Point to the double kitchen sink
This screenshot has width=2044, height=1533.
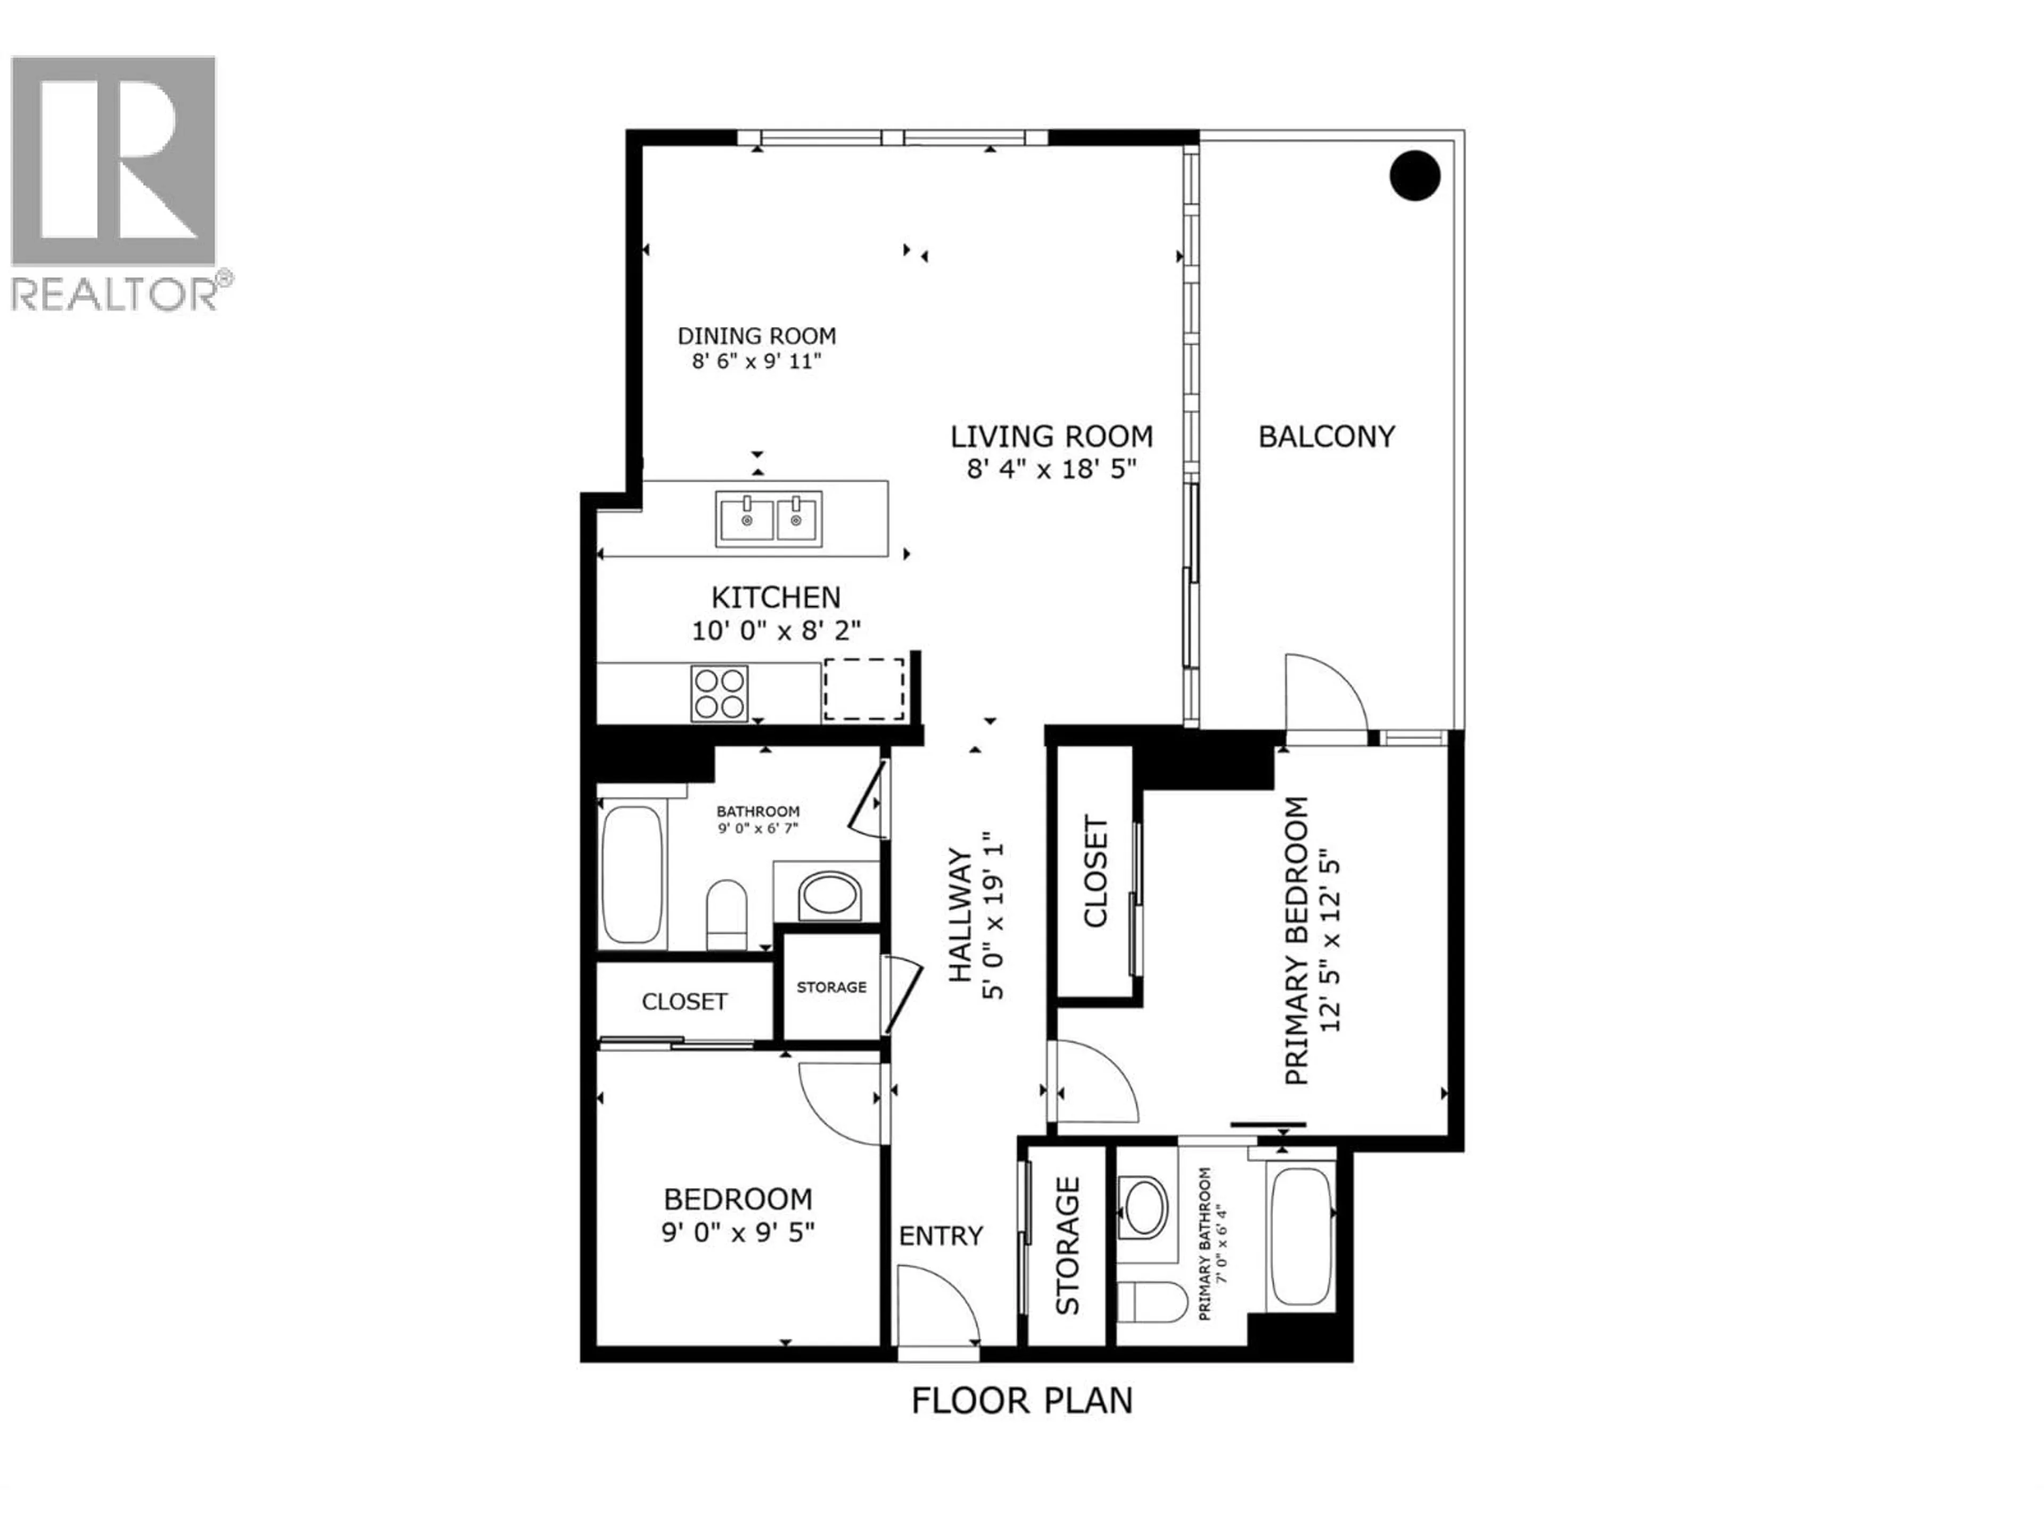pos(769,520)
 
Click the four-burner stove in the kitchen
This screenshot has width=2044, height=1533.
pos(719,693)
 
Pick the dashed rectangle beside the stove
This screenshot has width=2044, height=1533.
pos(864,689)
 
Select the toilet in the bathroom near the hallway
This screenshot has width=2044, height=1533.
pos(726,913)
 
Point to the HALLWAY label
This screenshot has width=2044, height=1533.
pos(961,916)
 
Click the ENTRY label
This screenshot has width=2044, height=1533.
pos(941,1235)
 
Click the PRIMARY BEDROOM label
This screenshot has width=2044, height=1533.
pos(1297,941)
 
